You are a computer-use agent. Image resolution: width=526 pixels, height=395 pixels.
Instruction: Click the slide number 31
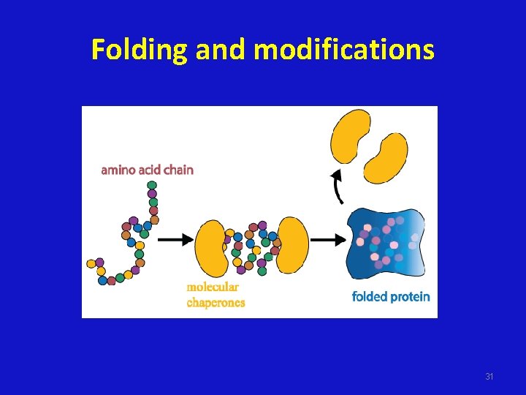coord(489,376)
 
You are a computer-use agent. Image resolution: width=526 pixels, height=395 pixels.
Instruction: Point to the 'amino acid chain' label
coord(147,170)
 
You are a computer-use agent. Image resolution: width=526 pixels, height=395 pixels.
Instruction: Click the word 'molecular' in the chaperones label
coord(212,287)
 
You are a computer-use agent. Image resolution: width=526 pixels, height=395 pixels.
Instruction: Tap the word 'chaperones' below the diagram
coord(216,302)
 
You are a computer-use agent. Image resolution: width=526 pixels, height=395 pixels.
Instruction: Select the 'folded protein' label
coord(391,296)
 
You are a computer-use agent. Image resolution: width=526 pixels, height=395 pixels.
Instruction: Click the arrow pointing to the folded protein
coord(328,239)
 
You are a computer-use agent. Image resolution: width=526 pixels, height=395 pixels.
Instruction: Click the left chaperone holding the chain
coord(213,247)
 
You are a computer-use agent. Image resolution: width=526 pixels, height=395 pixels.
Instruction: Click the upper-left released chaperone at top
coord(351,135)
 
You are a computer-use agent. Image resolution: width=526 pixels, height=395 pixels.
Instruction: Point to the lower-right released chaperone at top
coord(386,157)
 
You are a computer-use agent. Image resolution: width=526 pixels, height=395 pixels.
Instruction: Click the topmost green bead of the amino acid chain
coord(152,185)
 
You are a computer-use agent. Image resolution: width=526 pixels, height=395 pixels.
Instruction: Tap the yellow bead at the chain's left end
coord(91,263)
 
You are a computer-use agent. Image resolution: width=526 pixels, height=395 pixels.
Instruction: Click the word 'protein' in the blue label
coord(411,296)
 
